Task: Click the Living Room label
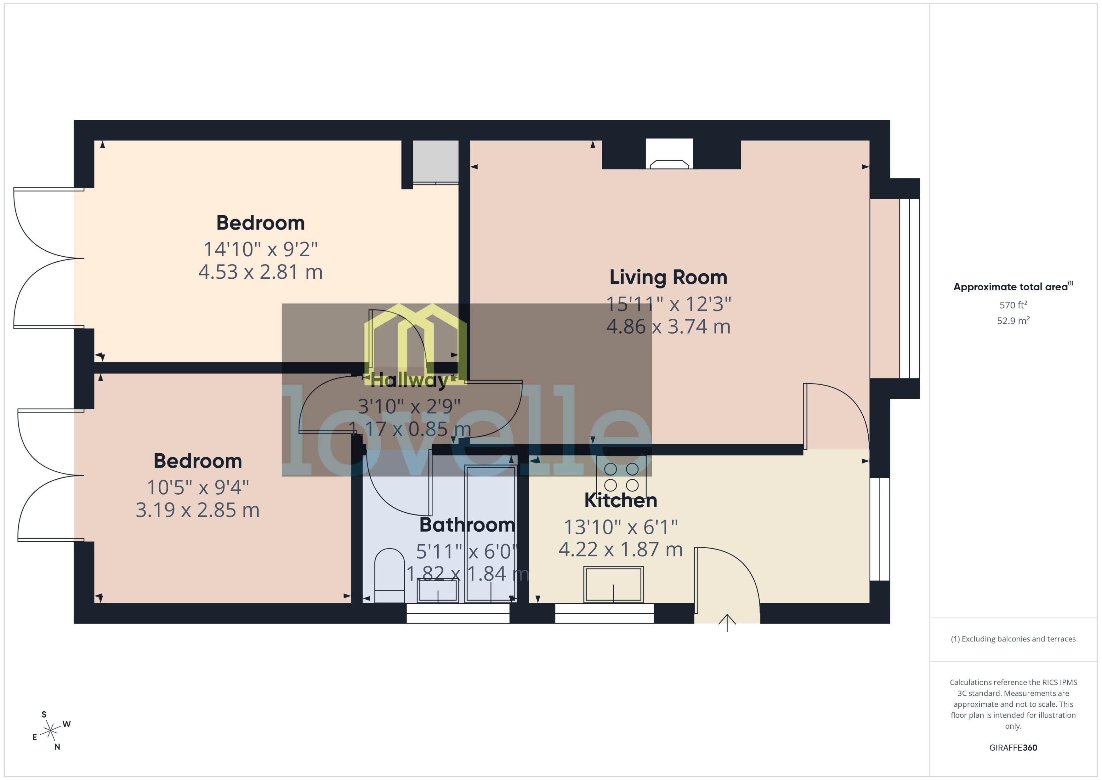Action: coord(668,278)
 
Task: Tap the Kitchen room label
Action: coord(620,500)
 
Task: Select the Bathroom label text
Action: coord(467,525)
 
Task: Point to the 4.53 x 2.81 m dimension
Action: coord(260,272)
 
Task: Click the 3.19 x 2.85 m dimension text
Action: coord(197,510)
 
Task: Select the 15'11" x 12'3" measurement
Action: coord(668,304)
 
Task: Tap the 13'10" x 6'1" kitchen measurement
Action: coord(620,527)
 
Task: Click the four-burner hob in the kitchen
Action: coord(621,477)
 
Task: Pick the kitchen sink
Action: coord(613,584)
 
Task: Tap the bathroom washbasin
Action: coord(438,590)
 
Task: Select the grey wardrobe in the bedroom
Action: coord(435,162)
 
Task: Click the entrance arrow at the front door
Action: coord(727,623)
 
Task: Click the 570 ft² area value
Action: coord(1013,305)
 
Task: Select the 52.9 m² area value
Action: coord(1013,320)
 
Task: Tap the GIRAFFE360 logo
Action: coord(1013,748)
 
